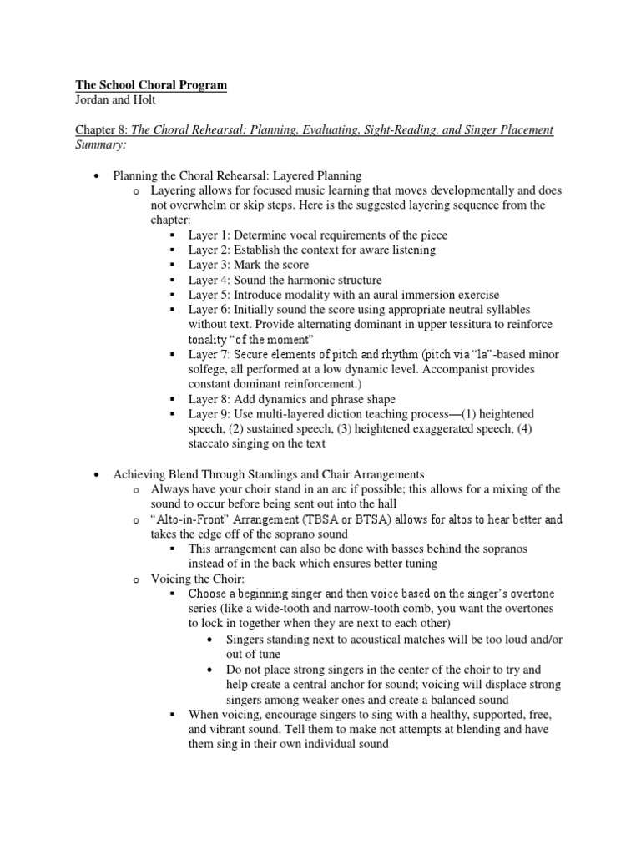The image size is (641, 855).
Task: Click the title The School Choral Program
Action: [151, 85]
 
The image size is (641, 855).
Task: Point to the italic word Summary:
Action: [102, 145]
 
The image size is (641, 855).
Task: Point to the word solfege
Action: [209, 370]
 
